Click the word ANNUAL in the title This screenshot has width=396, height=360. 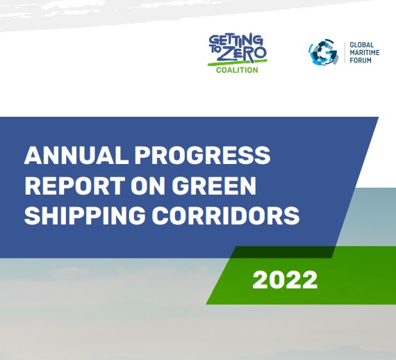(x=76, y=155)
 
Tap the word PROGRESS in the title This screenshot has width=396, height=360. (x=202, y=155)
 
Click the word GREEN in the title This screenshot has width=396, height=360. (x=214, y=186)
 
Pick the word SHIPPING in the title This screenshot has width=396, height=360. (x=85, y=215)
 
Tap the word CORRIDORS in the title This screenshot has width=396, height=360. (x=226, y=215)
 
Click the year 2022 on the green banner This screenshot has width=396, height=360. (x=285, y=279)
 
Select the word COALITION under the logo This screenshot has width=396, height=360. (x=237, y=70)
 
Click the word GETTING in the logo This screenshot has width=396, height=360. (x=236, y=41)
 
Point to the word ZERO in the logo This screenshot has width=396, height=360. (x=242, y=54)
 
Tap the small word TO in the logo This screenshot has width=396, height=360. (x=214, y=50)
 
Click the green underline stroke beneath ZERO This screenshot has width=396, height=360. (x=238, y=63)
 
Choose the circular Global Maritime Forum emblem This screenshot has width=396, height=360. (x=324, y=52)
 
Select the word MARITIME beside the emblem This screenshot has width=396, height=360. (x=365, y=53)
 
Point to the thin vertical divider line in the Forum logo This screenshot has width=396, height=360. (x=345, y=53)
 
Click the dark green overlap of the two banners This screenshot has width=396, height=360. (x=282, y=252)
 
